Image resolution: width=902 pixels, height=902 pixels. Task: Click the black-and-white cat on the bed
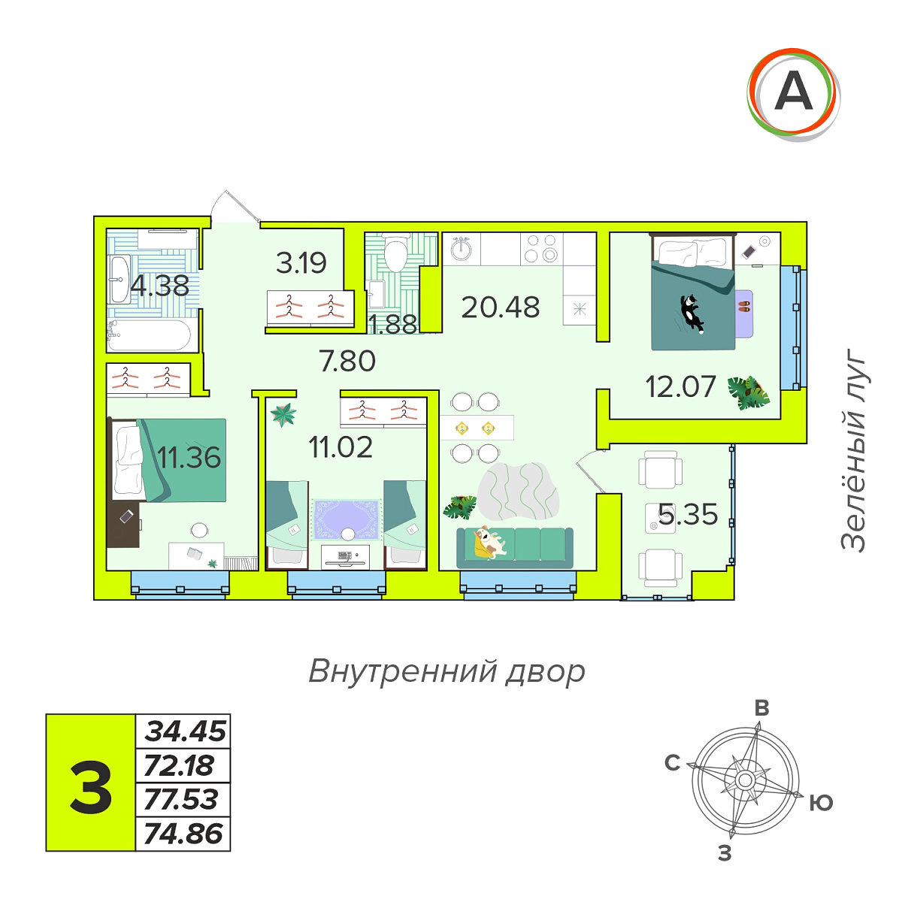(x=692, y=313)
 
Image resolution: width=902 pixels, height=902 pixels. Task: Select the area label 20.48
(x=501, y=307)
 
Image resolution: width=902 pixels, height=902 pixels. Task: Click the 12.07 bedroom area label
(x=680, y=386)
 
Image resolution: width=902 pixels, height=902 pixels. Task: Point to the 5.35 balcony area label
(x=688, y=514)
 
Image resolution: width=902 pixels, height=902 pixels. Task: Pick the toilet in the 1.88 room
(x=395, y=253)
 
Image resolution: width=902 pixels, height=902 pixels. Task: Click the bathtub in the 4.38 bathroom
(x=150, y=334)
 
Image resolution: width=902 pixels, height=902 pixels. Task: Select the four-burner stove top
(x=540, y=248)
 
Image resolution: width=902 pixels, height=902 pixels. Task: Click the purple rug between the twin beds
(x=347, y=519)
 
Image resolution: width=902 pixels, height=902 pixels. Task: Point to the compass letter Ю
(x=821, y=803)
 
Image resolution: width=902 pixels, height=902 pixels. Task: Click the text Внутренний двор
(x=446, y=672)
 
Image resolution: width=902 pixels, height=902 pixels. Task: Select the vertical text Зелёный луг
(x=853, y=449)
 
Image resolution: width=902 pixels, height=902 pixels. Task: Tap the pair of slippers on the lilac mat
(x=743, y=307)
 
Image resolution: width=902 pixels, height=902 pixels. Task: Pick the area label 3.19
(x=301, y=263)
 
